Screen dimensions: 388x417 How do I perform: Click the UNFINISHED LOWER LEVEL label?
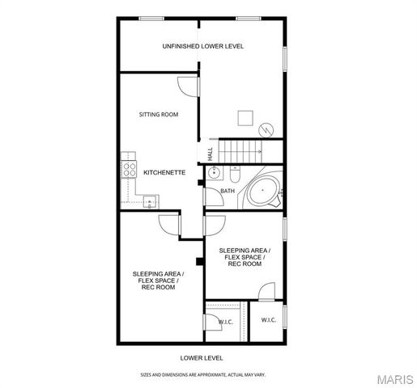[x=202, y=46]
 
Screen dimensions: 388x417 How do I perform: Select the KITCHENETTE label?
[x=164, y=172]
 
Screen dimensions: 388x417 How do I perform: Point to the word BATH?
[x=228, y=192]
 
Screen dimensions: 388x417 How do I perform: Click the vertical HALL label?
[x=210, y=152]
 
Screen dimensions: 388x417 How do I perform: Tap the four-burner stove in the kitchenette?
[x=129, y=171]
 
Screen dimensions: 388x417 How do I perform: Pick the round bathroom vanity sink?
[x=215, y=173]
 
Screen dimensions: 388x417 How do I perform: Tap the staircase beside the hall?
[x=243, y=150]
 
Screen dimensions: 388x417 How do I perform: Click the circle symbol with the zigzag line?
[x=266, y=130]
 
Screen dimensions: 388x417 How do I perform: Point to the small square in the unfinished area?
[x=245, y=118]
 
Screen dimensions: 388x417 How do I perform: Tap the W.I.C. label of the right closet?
[x=269, y=320]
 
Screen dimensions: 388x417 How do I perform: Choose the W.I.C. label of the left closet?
[x=226, y=323]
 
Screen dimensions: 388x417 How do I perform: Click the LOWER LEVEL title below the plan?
[x=202, y=356]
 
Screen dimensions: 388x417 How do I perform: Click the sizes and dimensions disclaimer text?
[x=202, y=375]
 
